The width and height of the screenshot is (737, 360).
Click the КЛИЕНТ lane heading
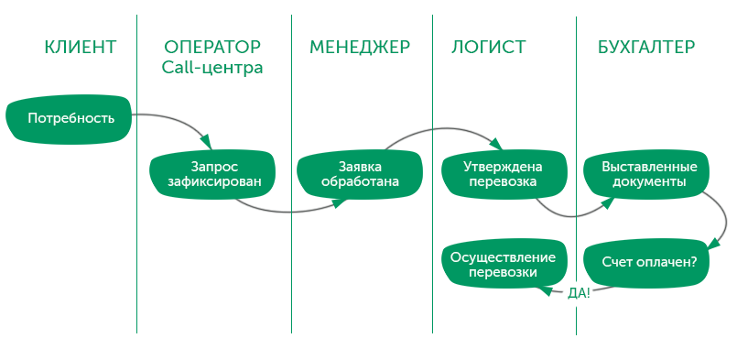[81, 47]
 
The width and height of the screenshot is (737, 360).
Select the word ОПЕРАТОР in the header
[211, 47]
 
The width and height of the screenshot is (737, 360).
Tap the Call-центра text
[211, 68]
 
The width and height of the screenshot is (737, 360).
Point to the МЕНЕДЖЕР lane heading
[359, 47]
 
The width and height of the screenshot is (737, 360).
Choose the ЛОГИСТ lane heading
[489, 47]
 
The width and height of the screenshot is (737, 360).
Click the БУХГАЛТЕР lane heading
[645, 47]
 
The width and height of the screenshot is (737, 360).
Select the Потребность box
[70, 117]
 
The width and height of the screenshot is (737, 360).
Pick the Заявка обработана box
[360, 175]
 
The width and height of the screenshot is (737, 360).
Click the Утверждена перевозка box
[503, 175]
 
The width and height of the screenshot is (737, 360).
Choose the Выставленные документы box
[649, 175]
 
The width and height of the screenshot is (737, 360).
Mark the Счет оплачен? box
[649, 262]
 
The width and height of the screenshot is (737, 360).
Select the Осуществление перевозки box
[503, 265]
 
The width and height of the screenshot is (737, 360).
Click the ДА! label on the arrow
[579, 293]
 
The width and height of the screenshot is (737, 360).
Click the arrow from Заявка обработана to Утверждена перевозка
[439, 130]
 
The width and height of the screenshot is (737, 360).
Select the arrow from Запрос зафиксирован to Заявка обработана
[284, 213]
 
